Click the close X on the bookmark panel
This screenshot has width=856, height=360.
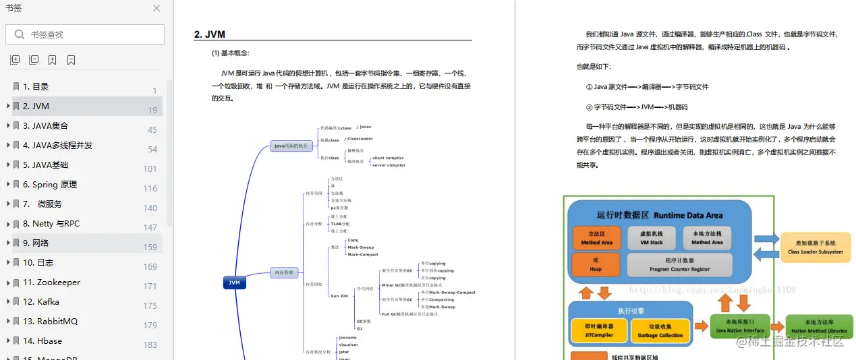156,9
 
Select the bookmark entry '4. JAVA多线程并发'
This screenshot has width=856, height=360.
57,145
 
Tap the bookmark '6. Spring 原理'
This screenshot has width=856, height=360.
50,184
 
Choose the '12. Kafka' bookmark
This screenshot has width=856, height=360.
41,301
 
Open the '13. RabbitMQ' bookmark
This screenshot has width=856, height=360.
51,321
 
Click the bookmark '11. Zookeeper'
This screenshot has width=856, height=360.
52,282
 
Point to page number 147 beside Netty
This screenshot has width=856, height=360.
150,227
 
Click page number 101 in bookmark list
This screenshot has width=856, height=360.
150,169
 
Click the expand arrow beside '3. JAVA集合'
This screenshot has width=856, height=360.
7,125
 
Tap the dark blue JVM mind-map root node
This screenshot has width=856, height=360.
234,282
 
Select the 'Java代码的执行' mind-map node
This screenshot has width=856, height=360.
291,145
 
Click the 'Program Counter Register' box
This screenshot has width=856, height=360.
679,265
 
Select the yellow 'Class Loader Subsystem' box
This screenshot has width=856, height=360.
815,247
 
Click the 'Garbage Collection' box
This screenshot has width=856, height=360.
660,330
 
